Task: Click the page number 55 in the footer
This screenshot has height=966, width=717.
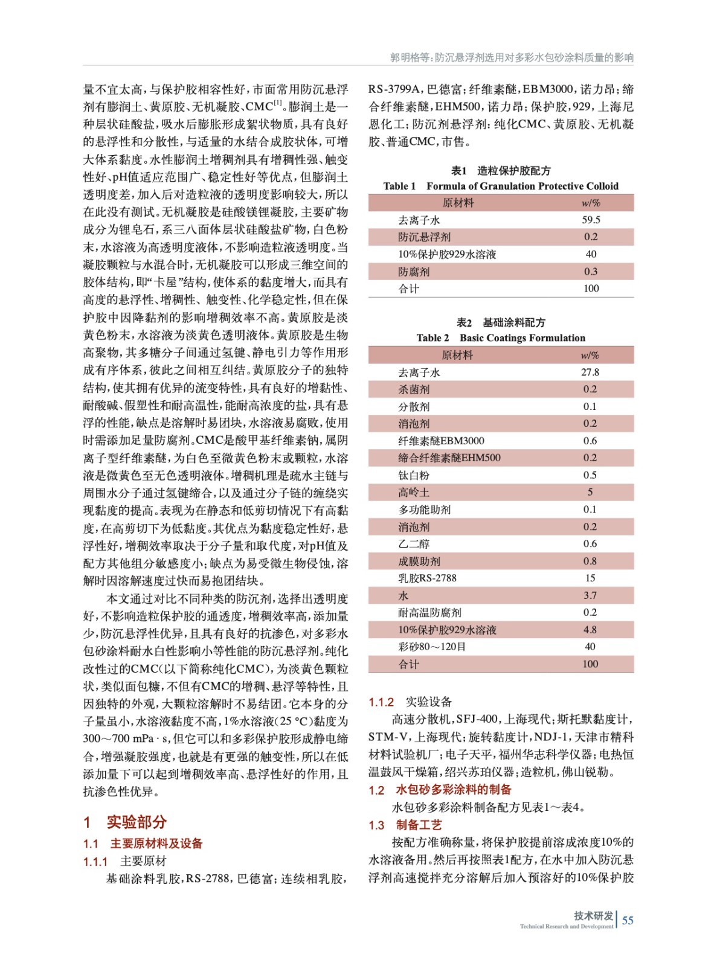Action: point(628,920)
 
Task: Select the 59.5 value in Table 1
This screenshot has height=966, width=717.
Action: point(591,220)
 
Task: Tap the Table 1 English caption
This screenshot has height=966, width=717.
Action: point(501,186)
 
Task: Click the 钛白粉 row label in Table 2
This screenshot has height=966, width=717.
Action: point(413,475)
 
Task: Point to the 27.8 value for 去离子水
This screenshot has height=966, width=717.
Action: point(590,373)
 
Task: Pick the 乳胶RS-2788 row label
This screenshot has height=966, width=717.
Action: point(427,578)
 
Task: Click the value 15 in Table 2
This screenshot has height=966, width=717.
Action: point(590,578)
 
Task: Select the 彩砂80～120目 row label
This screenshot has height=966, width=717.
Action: point(432,647)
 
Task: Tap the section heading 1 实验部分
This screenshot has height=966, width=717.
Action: point(125,822)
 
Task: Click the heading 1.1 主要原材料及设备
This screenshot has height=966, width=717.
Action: point(143,843)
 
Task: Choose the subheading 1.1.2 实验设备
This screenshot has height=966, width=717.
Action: point(410,702)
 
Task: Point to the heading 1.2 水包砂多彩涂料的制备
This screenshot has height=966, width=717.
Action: point(440,790)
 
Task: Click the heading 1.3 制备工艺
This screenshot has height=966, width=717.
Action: point(405,825)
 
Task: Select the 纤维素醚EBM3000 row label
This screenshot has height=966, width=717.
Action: point(441,441)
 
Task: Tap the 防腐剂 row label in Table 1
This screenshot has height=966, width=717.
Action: point(413,272)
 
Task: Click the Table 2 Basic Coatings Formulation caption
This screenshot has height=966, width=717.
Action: point(501,338)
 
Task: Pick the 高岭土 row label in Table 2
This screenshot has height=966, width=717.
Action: point(413,493)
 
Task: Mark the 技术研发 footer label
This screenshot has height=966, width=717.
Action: point(593,915)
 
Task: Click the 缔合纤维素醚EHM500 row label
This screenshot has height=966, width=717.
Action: point(449,458)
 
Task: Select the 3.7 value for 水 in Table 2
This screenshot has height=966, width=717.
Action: point(590,595)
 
